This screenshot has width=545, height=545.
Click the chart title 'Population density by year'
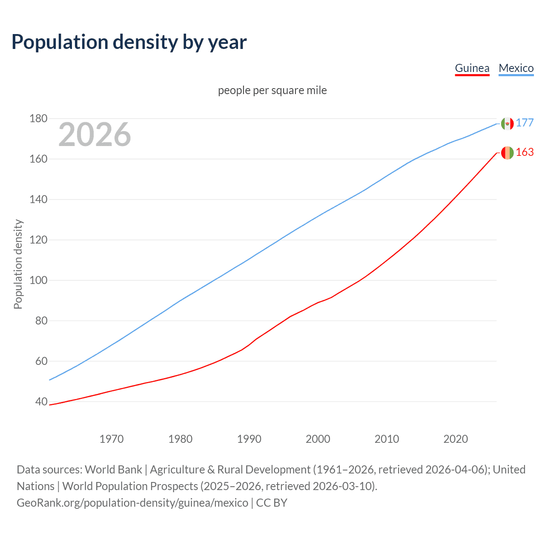click(x=129, y=42)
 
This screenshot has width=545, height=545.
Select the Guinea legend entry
click(x=472, y=68)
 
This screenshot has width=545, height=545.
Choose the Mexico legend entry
click(x=516, y=68)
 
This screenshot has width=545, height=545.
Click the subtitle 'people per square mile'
click(x=272, y=90)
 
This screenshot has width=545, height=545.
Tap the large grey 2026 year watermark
click(x=95, y=135)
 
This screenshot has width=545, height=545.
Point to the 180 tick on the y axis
click(x=38, y=118)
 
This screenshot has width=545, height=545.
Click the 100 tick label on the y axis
click(x=38, y=280)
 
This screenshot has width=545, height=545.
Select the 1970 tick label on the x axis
click(x=112, y=439)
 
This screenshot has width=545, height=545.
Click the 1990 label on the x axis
click(x=249, y=439)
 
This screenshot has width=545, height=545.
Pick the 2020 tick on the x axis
click(x=456, y=439)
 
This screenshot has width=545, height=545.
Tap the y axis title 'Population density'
click(x=18, y=264)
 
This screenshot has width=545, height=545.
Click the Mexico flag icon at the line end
click(x=507, y=123)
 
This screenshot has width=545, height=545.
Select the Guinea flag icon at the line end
click(x=507, y=152)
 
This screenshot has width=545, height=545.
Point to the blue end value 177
click(x=525, y=123)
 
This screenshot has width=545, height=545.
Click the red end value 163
click(x=525, y=152)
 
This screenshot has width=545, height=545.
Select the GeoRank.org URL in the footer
click(x=132, y=503)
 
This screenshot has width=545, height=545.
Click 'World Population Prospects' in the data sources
click(x=130, y=486)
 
